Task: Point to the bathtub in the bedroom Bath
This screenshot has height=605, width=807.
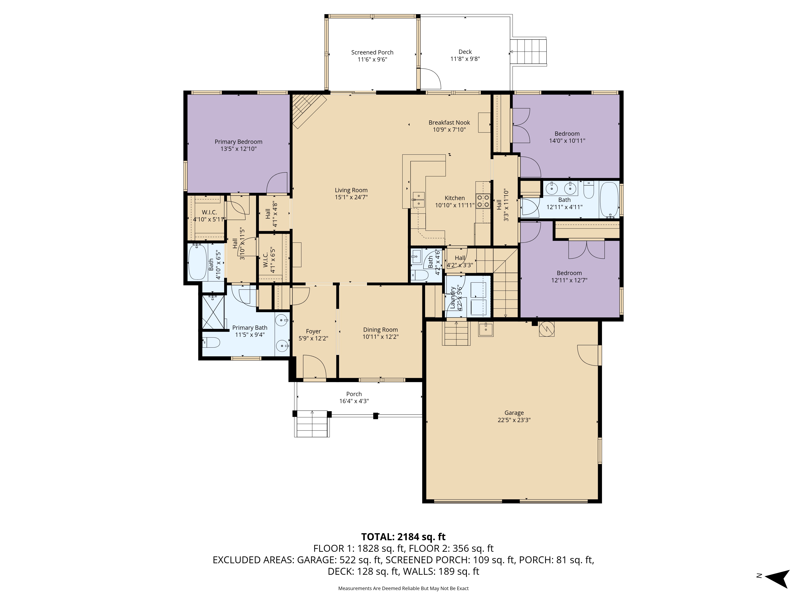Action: [609, 200]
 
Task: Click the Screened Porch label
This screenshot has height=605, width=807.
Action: [372, 52]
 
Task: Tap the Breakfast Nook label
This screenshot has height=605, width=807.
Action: [449, 123]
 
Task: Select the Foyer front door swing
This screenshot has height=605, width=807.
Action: [314, 366]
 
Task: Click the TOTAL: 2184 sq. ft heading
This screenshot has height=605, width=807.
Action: [403, 537]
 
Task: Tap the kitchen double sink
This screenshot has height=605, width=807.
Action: [418, 200]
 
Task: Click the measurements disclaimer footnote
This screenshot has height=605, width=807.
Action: [403, 588]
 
